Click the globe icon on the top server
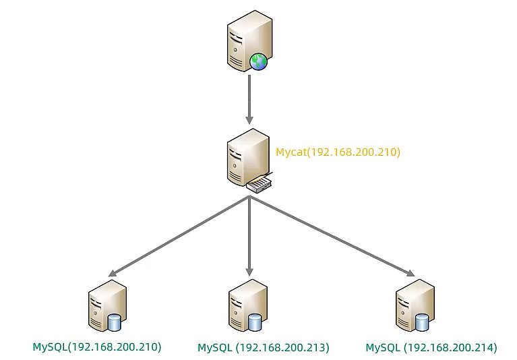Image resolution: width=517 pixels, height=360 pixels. tap(259, 62)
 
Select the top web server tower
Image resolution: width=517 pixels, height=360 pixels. tap(246, 40)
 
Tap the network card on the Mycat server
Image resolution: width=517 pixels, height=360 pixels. tap(260, 182)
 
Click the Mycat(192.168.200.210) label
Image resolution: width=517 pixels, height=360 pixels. tap(338, 152)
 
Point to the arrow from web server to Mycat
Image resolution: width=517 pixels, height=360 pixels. tap(249, 98)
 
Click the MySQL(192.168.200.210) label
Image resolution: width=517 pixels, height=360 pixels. tap(97, 348)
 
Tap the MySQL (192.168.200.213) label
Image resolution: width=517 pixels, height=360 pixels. tap(263, 348)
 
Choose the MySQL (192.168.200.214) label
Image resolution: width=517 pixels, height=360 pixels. tap(431, 348)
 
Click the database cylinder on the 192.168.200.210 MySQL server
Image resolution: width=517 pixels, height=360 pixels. tap(114, 322)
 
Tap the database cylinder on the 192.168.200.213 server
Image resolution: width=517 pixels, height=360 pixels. tap(254, 322)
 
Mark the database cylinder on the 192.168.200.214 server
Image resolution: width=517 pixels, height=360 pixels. tap(422, 322)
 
